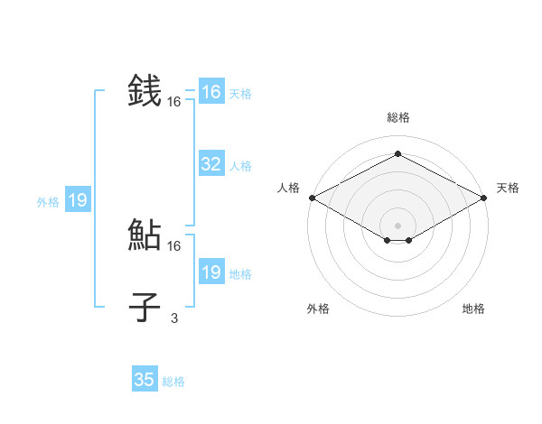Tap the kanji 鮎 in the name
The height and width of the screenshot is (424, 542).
coord(145,235)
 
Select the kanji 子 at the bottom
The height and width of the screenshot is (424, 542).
coord(145,308)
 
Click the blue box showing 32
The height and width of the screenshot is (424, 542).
coord(210,164)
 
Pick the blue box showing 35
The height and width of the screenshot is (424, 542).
coord(145,380)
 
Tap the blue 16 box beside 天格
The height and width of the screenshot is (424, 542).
coord(210,92)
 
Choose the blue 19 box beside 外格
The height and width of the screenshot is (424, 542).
coord(78,200)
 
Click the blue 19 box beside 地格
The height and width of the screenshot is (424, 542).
coord(210,272)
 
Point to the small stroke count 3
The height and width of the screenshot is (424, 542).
coord(174,318)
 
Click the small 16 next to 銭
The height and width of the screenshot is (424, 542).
coord(174,103)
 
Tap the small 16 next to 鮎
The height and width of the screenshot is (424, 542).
coord(174,245)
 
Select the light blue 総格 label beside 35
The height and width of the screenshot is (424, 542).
coord(173,382)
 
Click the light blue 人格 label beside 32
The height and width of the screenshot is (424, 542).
coord(240,166)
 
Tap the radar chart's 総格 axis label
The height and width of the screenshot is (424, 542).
coord(397,117)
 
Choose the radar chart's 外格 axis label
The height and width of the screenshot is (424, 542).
coord(318,309)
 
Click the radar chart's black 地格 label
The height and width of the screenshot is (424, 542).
coord(473,309)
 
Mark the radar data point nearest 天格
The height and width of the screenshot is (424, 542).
coord(485,198)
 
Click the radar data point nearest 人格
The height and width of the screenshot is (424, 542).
coord(312,198)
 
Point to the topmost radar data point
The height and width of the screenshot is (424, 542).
coord(397,155)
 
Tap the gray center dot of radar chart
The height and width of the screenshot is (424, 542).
coord(397,225)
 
